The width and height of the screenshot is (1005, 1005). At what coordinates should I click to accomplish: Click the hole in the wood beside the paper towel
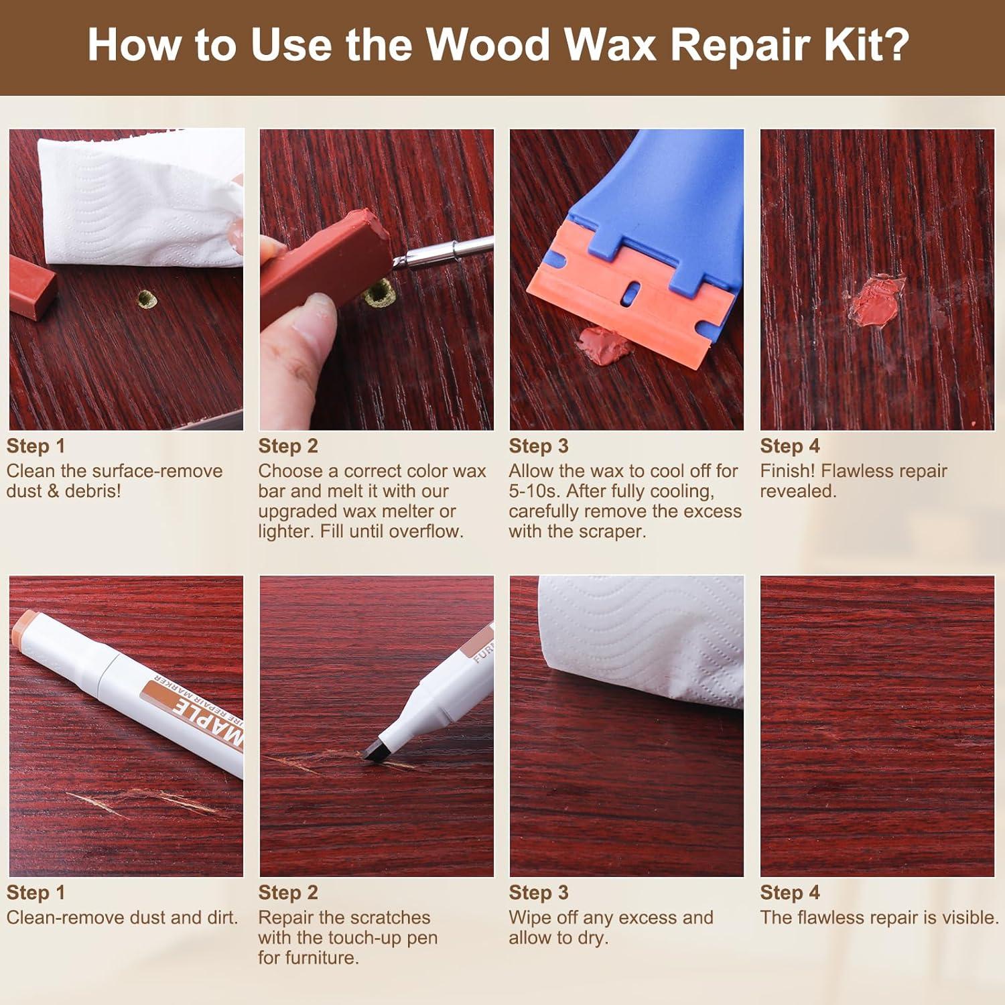coord(146,299)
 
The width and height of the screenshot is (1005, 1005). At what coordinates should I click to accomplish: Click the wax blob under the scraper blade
coord(603,346)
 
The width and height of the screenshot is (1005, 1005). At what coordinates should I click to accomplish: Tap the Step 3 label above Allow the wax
coord(539,446)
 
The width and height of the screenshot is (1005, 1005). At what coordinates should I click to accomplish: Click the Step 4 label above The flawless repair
coord(789,892)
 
